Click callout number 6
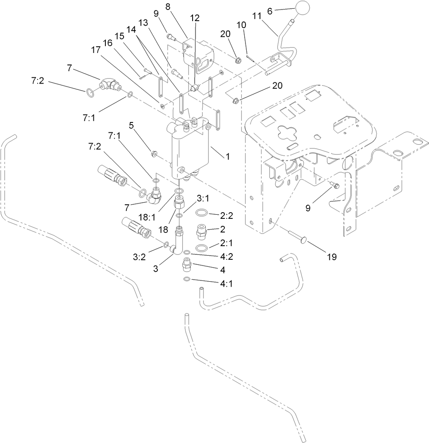(x=269, y=12)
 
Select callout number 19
(x=332, y=257)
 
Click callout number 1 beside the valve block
(x=227, y=157)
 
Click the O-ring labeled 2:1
(x=201, y=248)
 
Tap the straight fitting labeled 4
(x=187, y=265)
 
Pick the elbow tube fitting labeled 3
(x=179, y=244)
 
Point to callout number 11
(x=257, y=16)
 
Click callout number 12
(x=195, y=18)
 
